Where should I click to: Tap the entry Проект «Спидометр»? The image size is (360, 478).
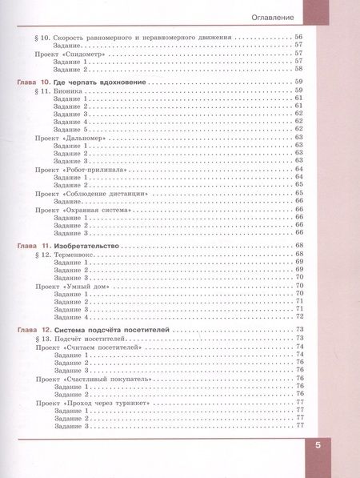(x=74, y=53)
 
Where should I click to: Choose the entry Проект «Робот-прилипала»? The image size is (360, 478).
(x=82, y=169)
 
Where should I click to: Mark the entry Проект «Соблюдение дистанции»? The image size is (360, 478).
(x=91, y=193)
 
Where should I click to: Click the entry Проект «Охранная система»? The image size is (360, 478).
(x=86, y=209)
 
